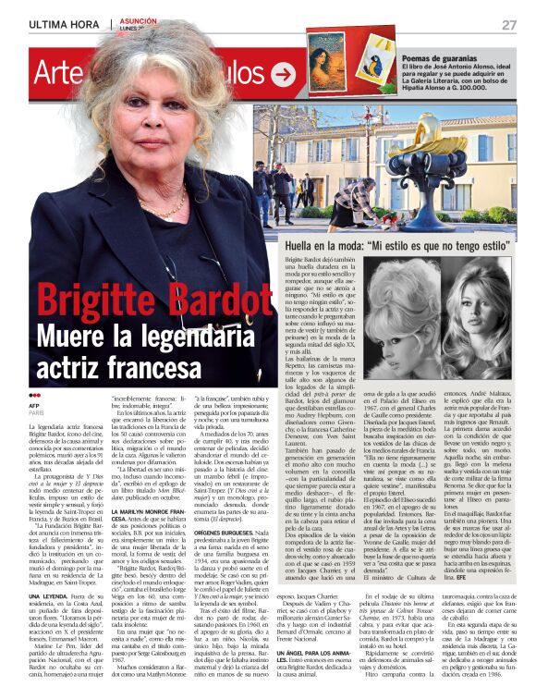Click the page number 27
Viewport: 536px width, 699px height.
point(508,24)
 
